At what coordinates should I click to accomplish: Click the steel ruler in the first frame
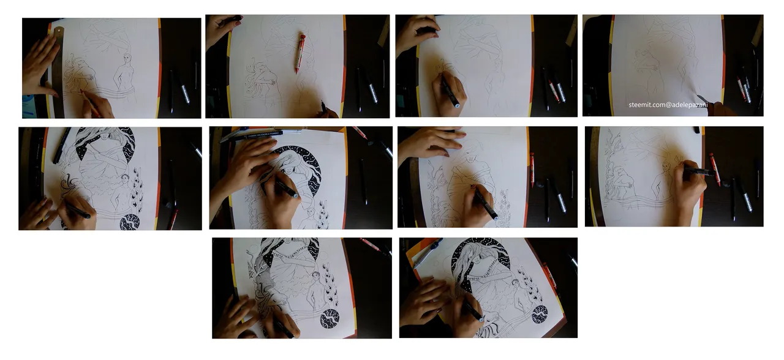58,70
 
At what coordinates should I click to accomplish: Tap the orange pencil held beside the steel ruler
90,103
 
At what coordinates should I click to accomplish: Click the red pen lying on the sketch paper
300,53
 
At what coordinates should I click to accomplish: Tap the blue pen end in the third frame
457,105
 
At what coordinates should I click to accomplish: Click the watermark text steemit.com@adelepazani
668,105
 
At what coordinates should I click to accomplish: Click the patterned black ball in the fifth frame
129,222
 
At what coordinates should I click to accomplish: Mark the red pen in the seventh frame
532,169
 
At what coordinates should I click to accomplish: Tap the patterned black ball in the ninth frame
330,318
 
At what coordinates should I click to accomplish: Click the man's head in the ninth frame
316,276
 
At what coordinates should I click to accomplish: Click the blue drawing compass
428,253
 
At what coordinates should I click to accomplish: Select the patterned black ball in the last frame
540,314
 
